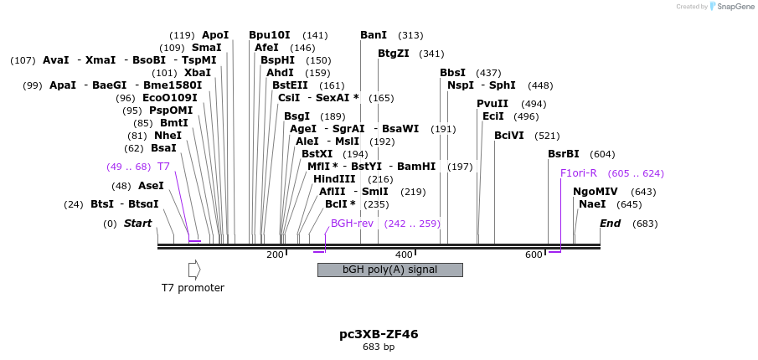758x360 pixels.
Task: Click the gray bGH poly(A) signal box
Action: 389,270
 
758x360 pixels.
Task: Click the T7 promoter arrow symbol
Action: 194,270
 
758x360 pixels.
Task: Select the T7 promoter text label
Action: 193,288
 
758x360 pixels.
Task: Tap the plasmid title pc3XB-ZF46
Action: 379,334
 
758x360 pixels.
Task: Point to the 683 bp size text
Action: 379,347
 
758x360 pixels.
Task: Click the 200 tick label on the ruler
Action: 275,255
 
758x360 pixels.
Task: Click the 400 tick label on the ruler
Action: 404,255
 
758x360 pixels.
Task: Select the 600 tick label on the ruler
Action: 534,255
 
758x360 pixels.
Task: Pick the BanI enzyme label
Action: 374,35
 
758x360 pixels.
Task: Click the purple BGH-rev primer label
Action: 352,224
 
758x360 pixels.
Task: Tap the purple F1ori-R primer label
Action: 578,173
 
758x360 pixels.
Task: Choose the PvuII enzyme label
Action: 492,104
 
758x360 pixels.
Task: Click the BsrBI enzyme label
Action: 564,154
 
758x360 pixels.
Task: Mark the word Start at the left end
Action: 137,224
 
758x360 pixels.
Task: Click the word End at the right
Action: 610,224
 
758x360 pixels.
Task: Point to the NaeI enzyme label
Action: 592,204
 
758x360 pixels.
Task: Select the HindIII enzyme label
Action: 334,179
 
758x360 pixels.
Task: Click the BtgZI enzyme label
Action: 394,54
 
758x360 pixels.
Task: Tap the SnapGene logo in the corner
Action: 729,7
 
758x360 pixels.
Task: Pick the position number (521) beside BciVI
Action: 547,136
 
